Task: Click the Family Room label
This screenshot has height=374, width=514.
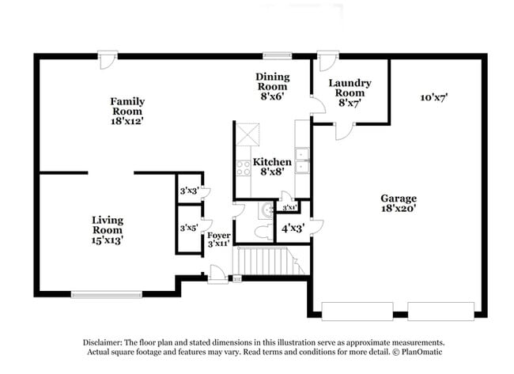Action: point(127,111)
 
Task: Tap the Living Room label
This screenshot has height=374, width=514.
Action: point(107,229)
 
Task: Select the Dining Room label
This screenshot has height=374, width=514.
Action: point(272,85)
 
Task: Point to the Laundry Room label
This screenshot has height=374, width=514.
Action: point(350,92)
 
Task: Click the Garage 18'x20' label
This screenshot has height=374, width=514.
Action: point(399,203)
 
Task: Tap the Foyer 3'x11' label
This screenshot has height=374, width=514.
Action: point(218,240)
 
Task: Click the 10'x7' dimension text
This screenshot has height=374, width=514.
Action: point(434,97)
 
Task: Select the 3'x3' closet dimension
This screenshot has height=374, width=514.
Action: point(188,191)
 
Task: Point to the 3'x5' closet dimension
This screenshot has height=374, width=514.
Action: point(188,228)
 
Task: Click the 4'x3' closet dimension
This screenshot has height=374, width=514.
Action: point(291,229)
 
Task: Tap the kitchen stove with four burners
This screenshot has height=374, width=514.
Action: point(244,168)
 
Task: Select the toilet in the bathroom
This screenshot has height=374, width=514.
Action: point(265,229)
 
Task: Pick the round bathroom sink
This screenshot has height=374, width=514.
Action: point(266,210)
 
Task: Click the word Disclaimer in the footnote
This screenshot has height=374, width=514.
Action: point(105,342)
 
